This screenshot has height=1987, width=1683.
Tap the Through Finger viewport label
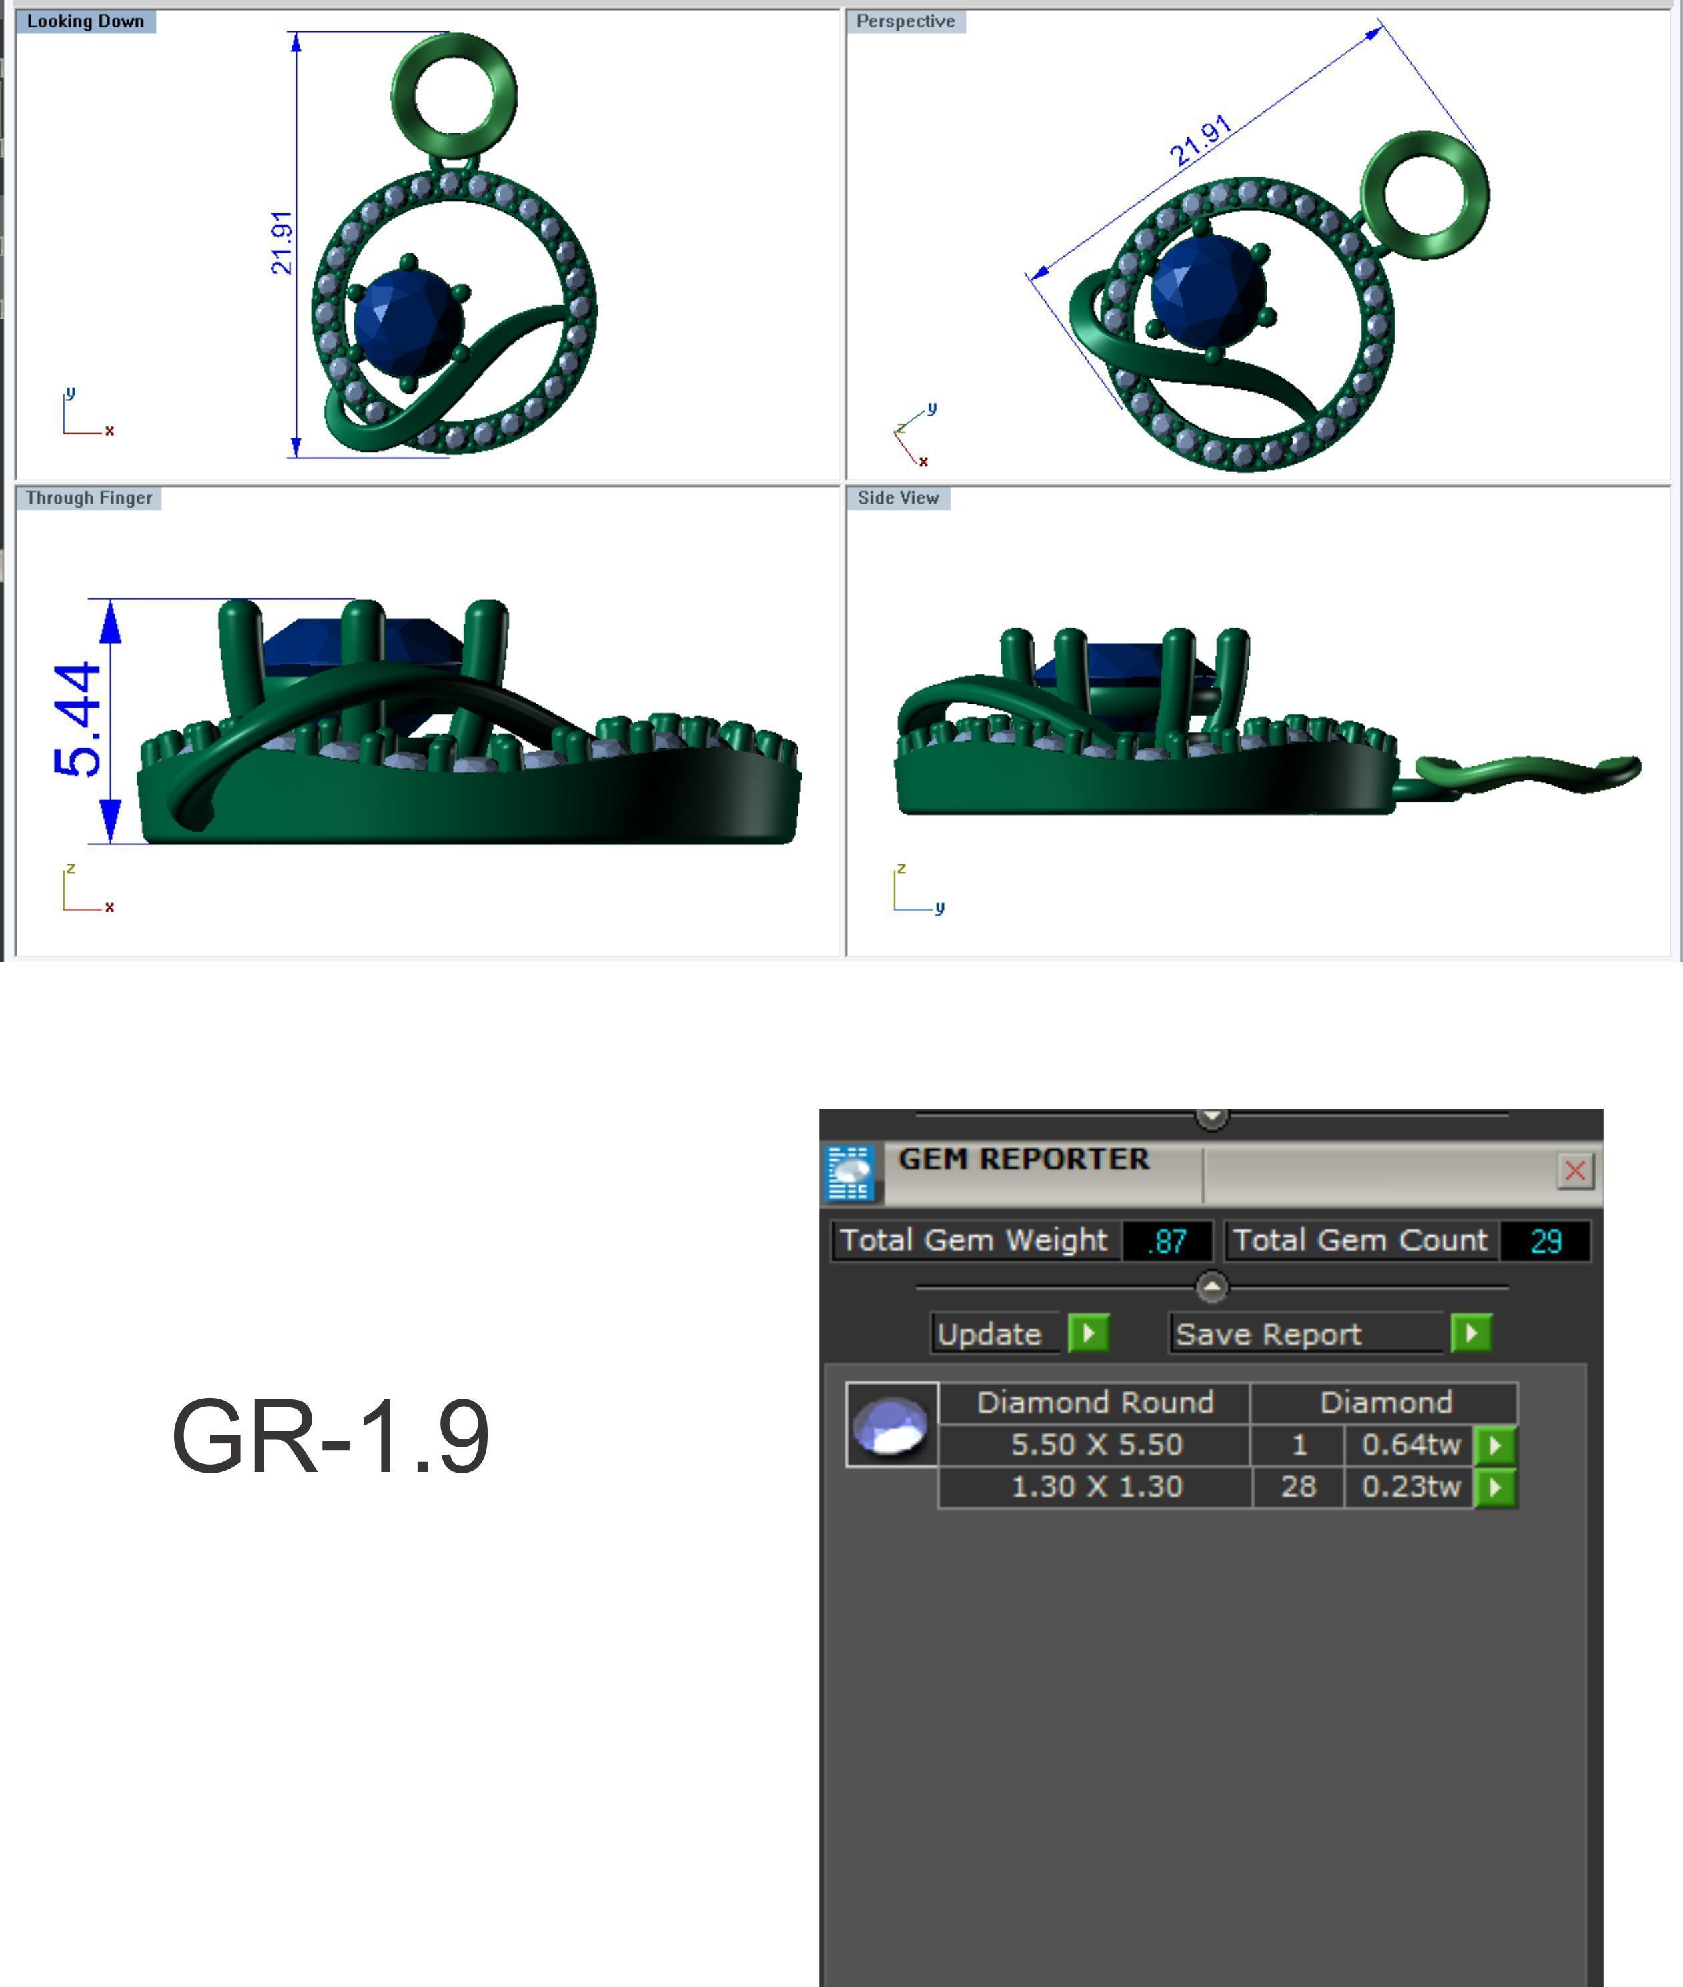click(x=89, y=498)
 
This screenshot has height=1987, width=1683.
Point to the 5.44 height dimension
click(x=78, y=720)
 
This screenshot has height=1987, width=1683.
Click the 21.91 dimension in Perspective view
click(x=1200, y=141)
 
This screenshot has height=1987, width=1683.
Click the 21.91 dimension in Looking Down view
click(x=282, y=243)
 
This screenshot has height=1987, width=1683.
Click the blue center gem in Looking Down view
click(x=408, y=321)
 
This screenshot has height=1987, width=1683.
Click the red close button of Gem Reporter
click(x=1574, y=1171)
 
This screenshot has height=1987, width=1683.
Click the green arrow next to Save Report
click(x=1470, y=1333)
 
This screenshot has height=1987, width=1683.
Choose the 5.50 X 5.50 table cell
click(x=1095, y=1444)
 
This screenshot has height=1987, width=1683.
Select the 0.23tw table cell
click(x=1410, y=1486)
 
